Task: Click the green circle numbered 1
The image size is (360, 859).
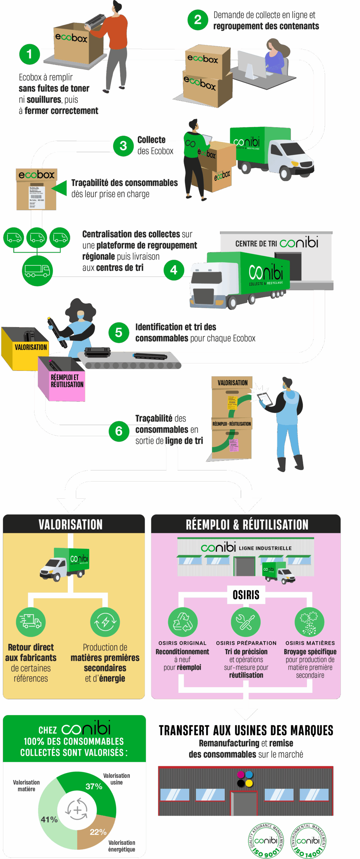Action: coord(29,54)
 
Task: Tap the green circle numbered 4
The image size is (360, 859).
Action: coord(173,270)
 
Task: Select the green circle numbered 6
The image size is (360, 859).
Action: coord(119,431)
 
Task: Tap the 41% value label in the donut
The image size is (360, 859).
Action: coord(49,819)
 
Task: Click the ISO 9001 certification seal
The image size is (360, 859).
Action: coord(266,840)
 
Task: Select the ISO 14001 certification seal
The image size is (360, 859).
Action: coord(308,840)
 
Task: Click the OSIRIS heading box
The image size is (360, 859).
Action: coord(246,595)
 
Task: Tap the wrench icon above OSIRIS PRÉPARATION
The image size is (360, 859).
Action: coord(246,622)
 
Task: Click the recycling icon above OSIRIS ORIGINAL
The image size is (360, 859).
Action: coord(183,622)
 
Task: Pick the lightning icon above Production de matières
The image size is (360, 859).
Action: coord(105,622)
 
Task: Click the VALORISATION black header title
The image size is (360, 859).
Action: coord(70,524)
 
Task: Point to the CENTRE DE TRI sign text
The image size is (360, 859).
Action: coord(256,244)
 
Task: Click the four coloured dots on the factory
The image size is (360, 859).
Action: coord(245,779)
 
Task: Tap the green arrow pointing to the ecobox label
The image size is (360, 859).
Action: coord(60,188)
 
